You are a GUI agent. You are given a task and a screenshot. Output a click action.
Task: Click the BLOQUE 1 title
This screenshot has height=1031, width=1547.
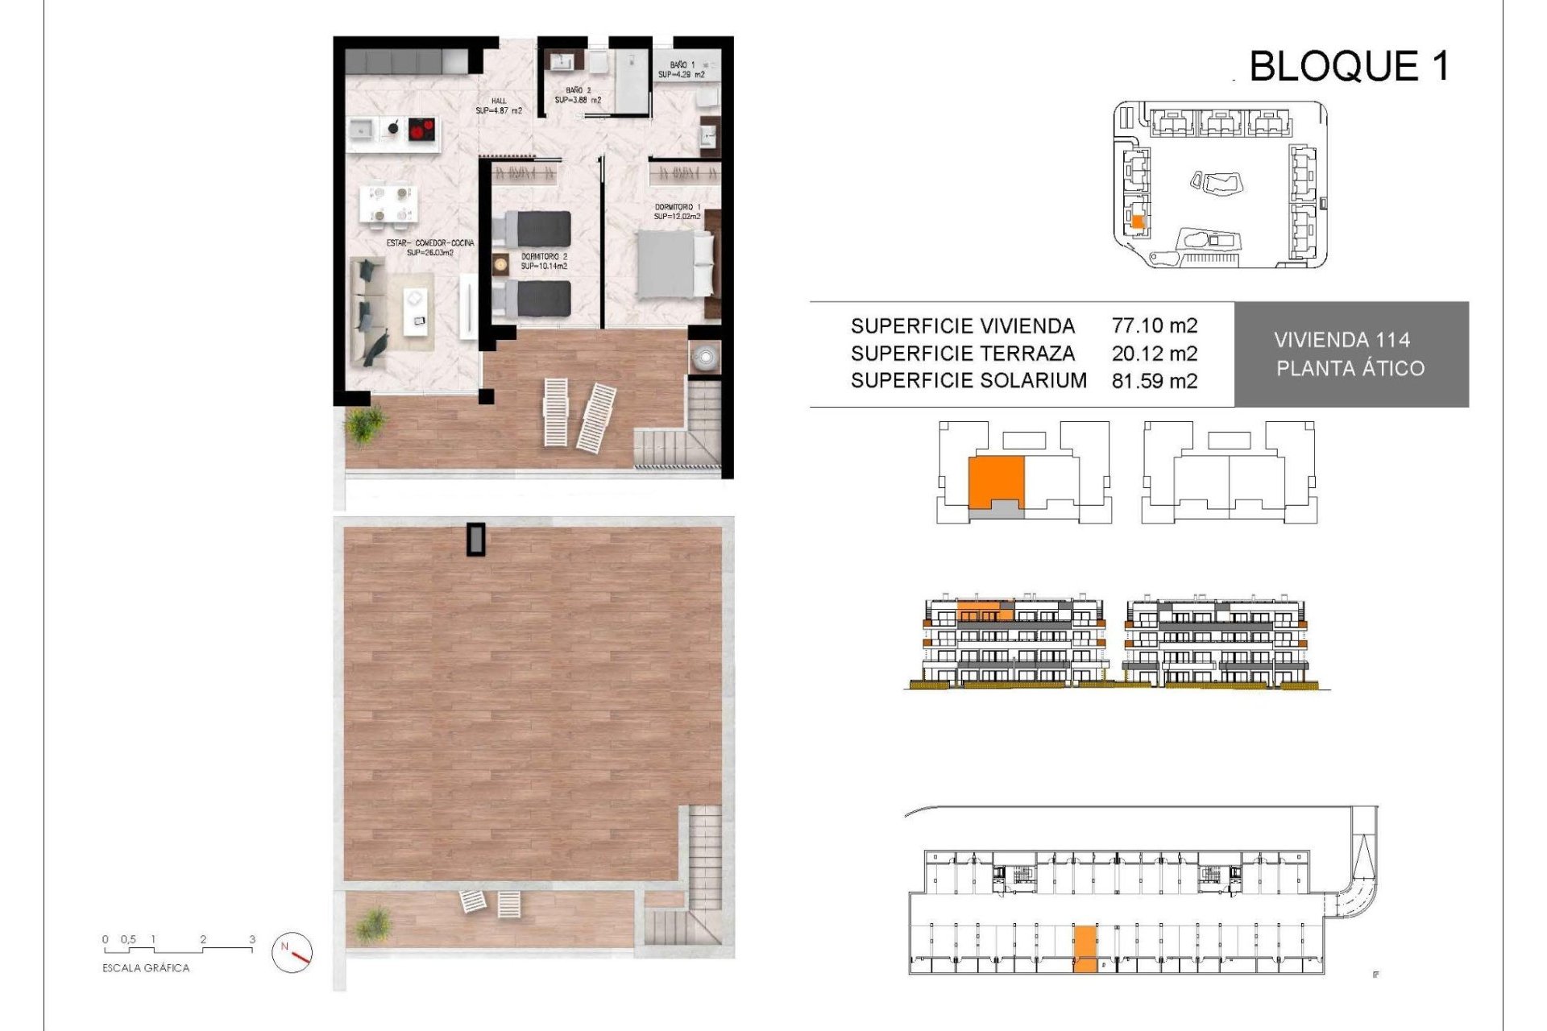1349,66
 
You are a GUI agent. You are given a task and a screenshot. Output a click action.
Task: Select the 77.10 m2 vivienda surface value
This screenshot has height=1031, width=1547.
1154,325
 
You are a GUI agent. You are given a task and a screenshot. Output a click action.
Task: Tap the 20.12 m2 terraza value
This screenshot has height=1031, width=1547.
1154,353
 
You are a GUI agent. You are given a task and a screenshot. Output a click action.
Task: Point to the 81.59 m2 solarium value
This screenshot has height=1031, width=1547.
1154,380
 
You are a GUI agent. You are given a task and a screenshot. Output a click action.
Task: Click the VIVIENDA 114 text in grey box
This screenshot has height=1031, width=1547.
1342,340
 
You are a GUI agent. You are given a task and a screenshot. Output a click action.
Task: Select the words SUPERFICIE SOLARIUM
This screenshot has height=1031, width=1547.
968,380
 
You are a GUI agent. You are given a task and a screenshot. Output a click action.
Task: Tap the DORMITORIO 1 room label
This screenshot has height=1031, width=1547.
677,208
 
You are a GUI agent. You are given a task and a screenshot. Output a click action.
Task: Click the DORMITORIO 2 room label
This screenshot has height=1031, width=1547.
544,257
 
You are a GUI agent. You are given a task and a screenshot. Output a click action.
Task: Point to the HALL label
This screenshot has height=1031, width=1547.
499,101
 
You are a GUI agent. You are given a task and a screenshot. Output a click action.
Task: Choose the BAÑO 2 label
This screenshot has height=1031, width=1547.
578,91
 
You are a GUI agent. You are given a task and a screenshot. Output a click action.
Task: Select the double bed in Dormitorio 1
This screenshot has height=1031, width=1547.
675,264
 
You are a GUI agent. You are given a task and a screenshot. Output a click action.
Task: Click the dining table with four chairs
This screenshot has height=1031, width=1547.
389,203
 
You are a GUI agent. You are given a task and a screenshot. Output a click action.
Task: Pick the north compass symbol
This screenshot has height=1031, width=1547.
292,952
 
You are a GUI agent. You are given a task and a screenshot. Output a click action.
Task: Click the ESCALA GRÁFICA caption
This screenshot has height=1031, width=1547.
146,968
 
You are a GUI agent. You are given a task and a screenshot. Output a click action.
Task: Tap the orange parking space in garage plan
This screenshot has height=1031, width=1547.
1085,948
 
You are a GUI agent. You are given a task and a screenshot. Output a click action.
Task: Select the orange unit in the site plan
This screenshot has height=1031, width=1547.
1138,222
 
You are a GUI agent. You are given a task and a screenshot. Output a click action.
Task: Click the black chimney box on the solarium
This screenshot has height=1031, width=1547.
477,540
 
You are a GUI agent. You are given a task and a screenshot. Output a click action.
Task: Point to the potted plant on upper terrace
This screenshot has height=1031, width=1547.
367,424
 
